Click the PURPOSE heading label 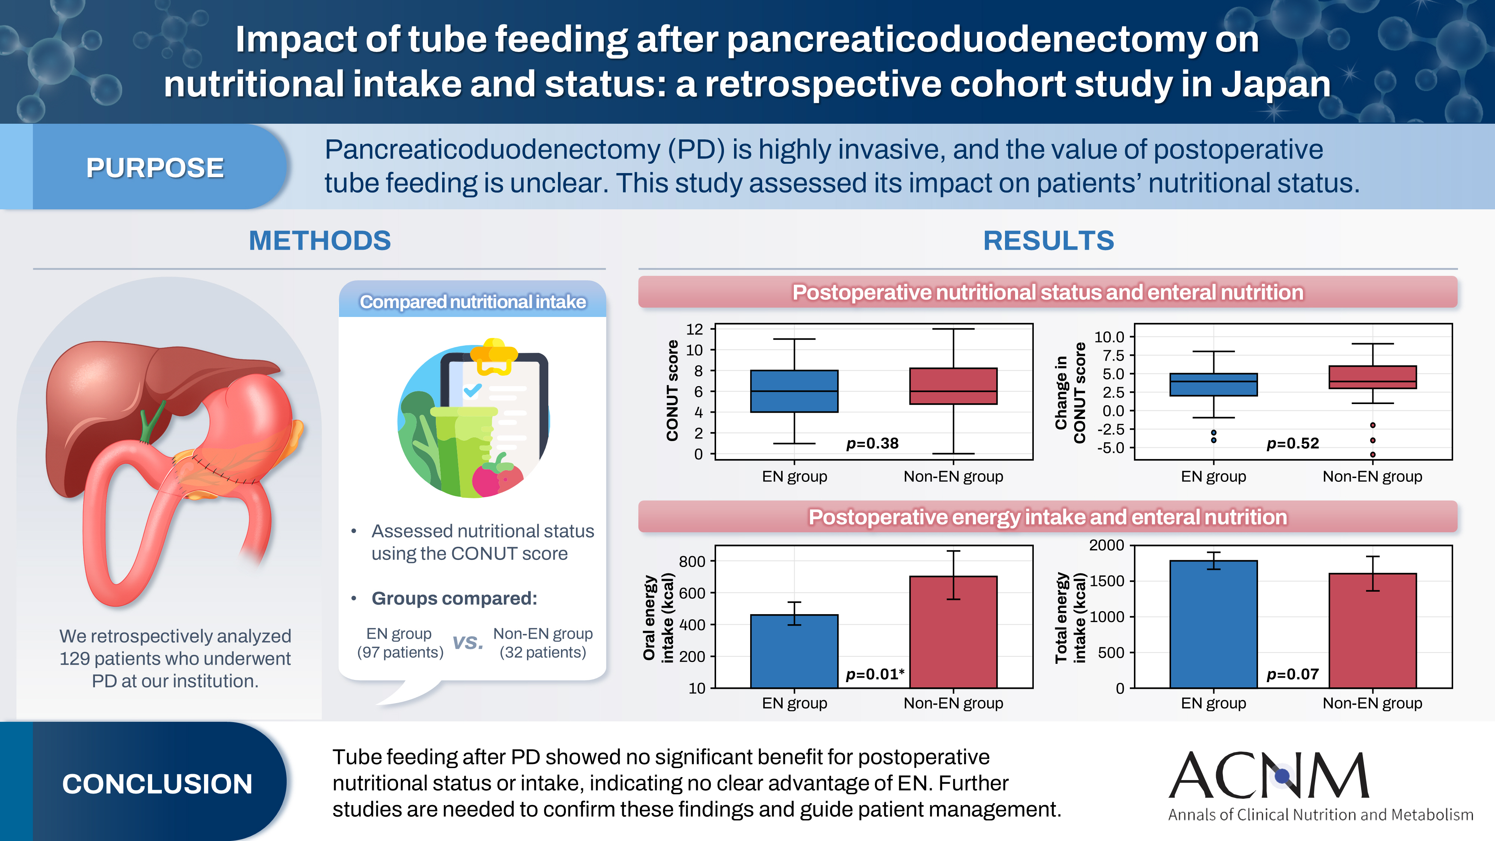click(x=155, y=168)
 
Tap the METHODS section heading click(x=320, y=240)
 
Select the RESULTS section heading click(x=1048, y=240)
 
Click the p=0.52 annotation click(x=1292, y=443)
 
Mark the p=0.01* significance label click(x=875, y=674)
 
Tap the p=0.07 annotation click(x=1292, y=674)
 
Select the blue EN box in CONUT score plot click(x=794, y=391)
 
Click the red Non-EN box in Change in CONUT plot click(x=1372, y=377)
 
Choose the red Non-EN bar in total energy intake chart click(x=1372, y=630)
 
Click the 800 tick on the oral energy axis click(x=692, y=561)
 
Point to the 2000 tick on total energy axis click(x=1106, y=545)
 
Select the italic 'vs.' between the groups click(x=468, y=642)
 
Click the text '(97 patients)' click(x=400, y=652)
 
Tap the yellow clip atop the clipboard click(x=493, y=354)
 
